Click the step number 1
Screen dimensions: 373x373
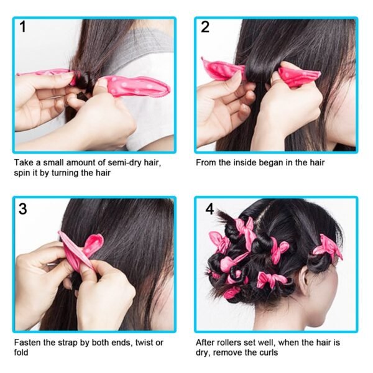[23, 27]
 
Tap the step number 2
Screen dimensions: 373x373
[205, 27]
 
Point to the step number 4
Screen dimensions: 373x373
[210, 210]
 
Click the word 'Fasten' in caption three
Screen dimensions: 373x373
[29, 343]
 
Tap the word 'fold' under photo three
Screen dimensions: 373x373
[21, 352]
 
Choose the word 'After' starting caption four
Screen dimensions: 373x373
[207, 343]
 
